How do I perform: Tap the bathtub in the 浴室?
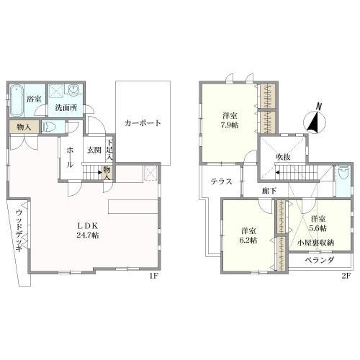point(17,98)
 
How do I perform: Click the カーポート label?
point(143,122)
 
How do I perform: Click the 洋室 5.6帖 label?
point(318,222)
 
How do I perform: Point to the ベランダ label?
point(317,261)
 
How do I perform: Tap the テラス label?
point(221,181)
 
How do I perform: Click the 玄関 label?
point(94,150)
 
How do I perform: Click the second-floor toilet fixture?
point(342,174)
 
